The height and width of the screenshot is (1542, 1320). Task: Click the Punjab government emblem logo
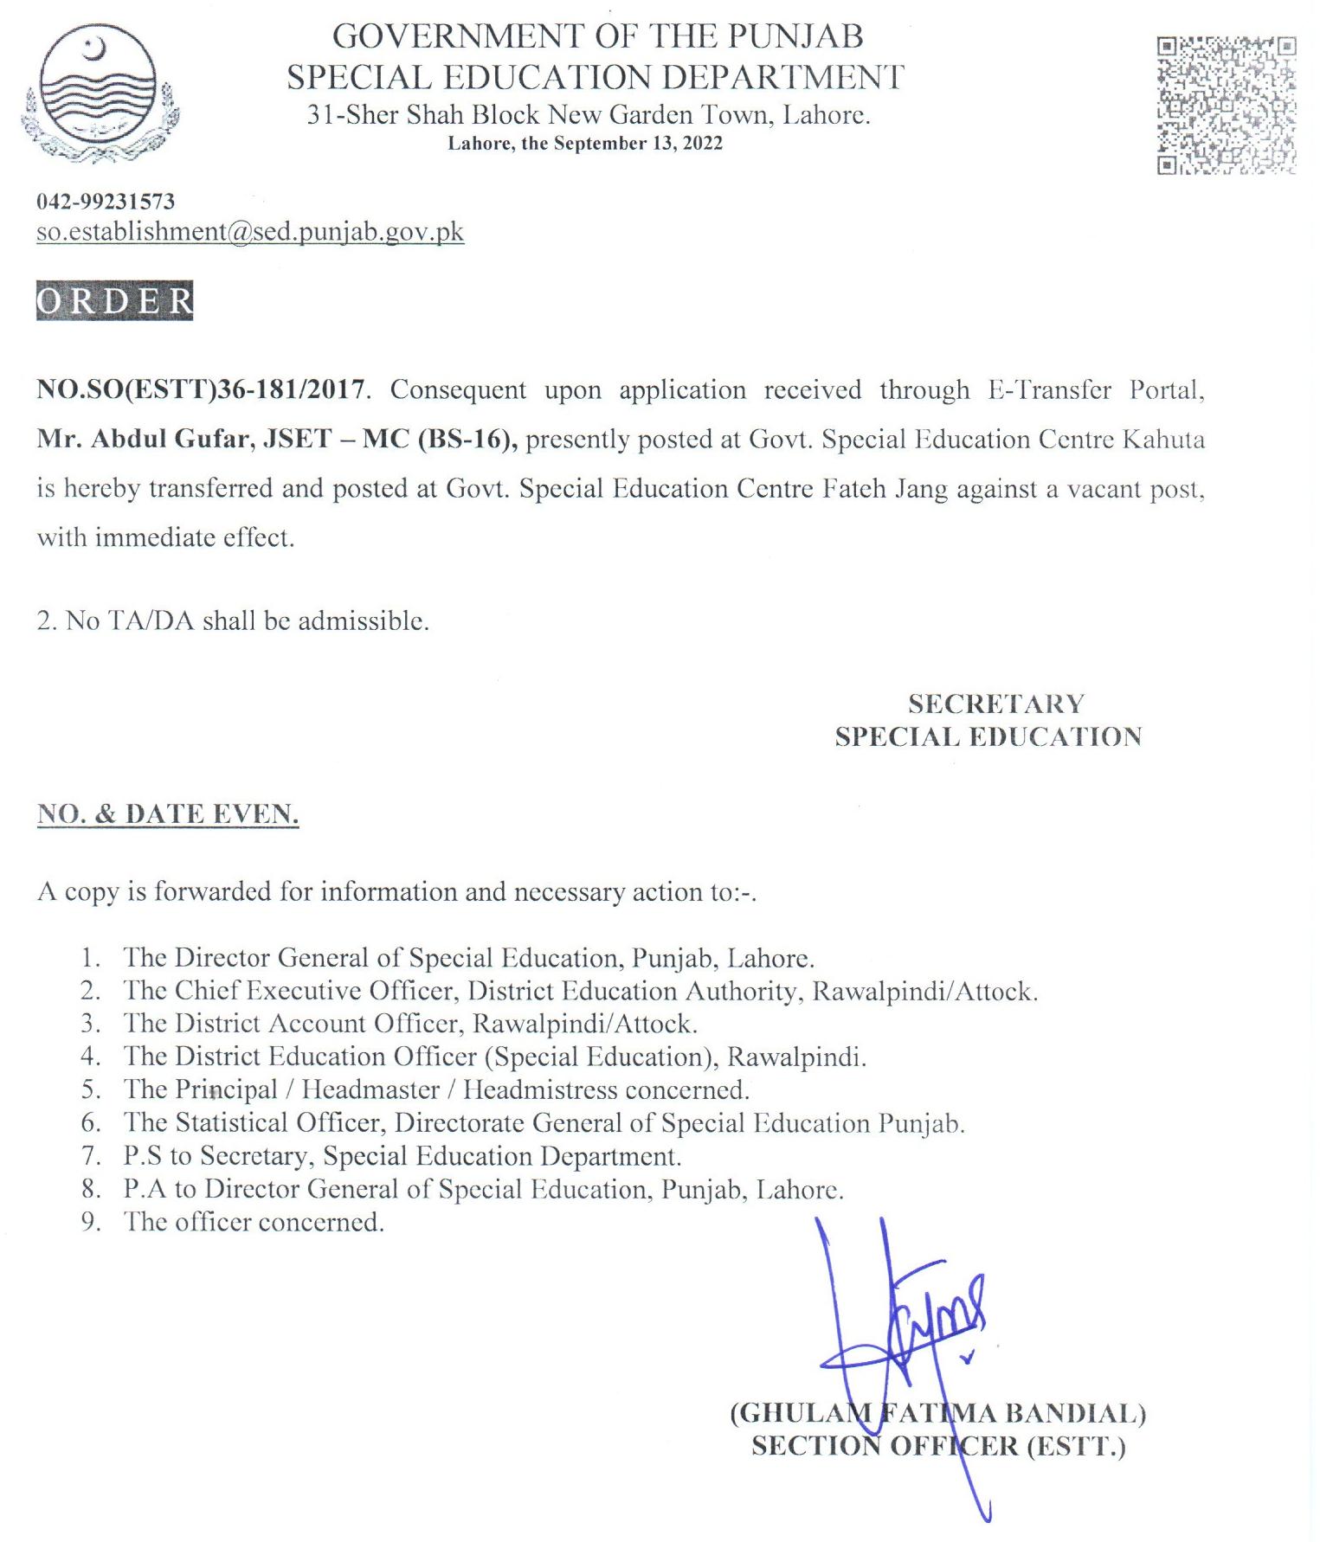pyautogui.click(x=100, y=91)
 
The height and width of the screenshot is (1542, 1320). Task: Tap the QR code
pyautogui.click(x=1226, y=105)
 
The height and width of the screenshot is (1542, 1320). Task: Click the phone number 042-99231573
pyautogui.click(x=106, y=202)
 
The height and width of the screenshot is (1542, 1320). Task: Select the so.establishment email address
pyautogui.click(x=250, y=232)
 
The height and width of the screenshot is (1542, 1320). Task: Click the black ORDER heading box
pyautogui.click(x=114, y=300)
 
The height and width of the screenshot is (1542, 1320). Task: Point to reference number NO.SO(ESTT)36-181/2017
pyautogui.click(x=200, y=389)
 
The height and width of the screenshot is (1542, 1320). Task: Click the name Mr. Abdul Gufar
pyautogui.click(x=144, y=439)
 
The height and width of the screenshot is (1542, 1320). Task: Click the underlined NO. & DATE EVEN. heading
pyautogui.click(x=168, y=814)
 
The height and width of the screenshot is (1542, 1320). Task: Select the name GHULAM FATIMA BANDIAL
pyautogui.click(x=938, y=1414)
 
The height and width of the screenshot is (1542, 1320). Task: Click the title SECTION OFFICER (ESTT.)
pyautogui.click(x=938, y=1447)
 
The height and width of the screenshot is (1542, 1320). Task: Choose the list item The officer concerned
pyautogui.click(x=254, y=1222)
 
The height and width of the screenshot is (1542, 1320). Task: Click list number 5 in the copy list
pyautogui.click(x=91, y=1089)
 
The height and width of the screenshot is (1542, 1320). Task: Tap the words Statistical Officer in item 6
pyautogui.click(x=278, y=1122)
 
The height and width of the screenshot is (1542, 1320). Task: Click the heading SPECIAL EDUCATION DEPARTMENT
pyautogui.click(x=596, y=78)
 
